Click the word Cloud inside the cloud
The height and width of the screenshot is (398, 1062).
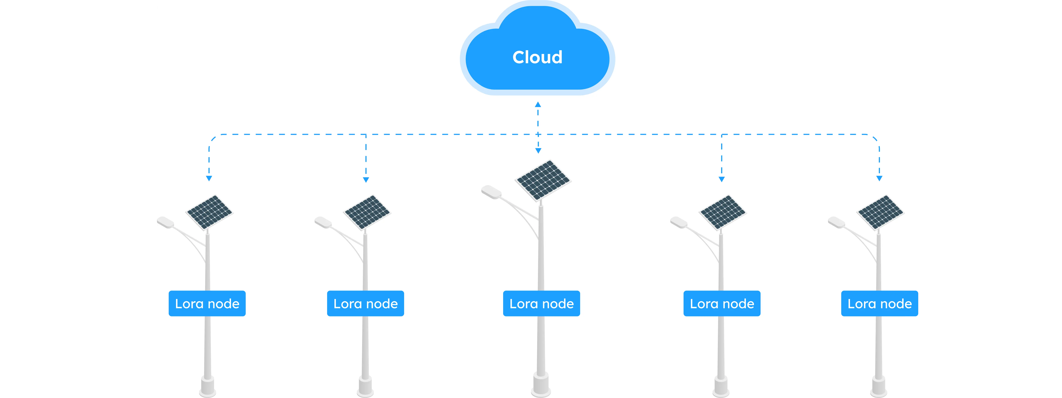point(537,57)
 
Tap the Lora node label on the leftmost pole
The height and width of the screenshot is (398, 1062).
point(207,304)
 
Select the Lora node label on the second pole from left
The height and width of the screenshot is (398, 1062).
point(365,304)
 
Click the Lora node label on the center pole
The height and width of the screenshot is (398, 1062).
point(541,304)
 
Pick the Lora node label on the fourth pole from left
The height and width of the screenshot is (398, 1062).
point(722,304)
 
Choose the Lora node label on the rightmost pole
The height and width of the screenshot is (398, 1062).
point(879,304)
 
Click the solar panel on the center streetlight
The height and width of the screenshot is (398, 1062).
point(543,180)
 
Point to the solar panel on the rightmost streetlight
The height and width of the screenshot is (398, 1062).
point(880,212)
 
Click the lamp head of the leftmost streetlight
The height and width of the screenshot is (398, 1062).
point(166,222)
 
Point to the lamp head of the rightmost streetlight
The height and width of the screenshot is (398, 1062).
point(836,222)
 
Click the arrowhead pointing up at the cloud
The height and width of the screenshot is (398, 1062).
point(538,105)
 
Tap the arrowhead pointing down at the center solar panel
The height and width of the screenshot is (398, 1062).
point(538,151)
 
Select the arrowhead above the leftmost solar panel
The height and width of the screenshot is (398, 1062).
point(209,179)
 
